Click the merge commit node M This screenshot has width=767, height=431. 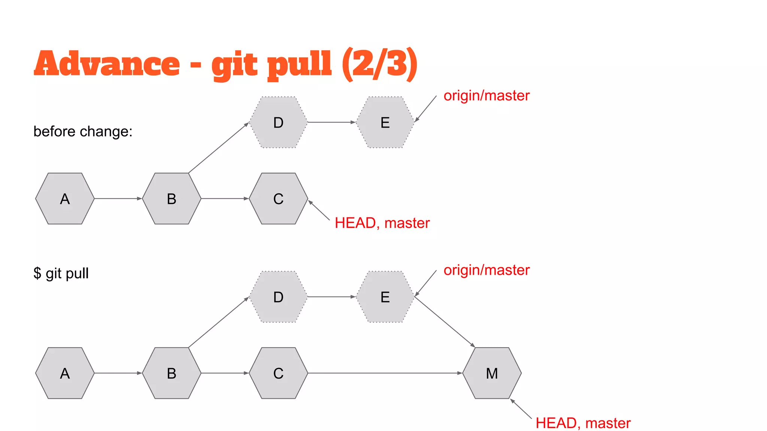(492, 373)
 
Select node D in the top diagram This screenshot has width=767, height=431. (278, 122)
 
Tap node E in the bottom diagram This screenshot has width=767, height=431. (385, 297)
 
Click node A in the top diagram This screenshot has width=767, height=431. (65, 199)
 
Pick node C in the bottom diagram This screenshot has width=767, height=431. (278, 373)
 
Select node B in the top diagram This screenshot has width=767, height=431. (172, 199)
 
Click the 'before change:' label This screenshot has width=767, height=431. (83, 131)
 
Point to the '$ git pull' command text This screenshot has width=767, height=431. (61, 273)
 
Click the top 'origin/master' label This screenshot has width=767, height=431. (486, 96)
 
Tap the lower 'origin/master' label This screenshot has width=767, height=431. (486, 270)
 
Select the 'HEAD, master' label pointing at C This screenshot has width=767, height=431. (382, 223)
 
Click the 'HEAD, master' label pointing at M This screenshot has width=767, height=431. (583, 423)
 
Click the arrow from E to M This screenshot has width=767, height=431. (445, 322)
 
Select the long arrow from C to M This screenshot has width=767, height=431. (385, 373)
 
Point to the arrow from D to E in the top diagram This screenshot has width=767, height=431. (331, 122)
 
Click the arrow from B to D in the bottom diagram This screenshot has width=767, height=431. (219, 323)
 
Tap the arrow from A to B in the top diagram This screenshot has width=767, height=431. (118, 199)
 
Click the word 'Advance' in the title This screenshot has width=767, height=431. (107, 64)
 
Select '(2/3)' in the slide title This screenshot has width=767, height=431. (379, 64)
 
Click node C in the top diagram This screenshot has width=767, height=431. (278, 199)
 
